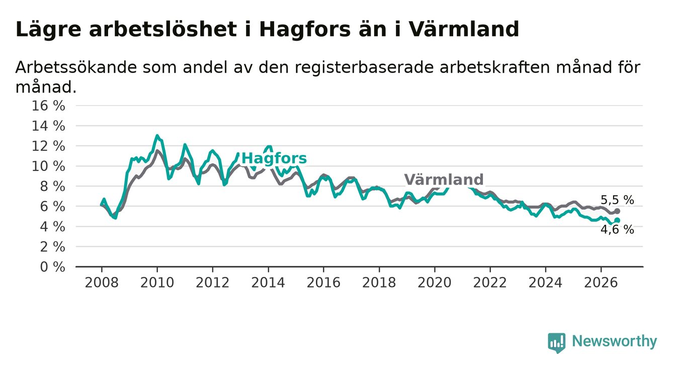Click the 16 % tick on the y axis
pos(48,106)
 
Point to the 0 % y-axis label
pos(53,267)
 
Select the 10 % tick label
pos(48,166)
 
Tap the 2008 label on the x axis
pos(102,283)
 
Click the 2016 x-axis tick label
pos(323,283)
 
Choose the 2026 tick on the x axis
pos(601,283)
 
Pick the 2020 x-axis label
pos(435,283)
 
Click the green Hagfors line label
pos(274,158)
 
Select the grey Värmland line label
pos(444,179)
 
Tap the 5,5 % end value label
pos(618,200)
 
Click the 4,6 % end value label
pos(618,230)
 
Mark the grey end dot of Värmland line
pos(617,211)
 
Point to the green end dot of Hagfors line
pos(617,220)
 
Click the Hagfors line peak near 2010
pos(157,136)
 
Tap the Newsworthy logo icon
pos(557,343)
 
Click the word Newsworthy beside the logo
pos(615,341)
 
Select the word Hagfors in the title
pos(305,30)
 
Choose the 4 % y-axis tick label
pos(53,227)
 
